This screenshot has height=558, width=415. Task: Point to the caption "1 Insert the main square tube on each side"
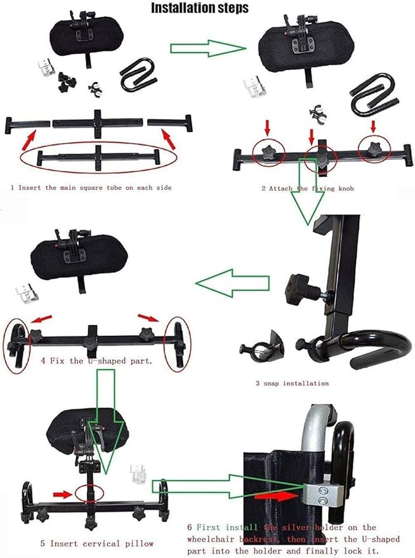coord(91,187)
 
